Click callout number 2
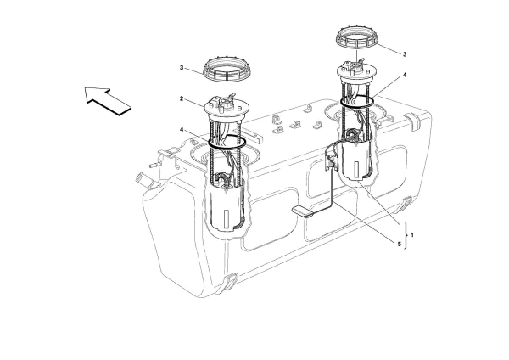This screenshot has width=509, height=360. point(182,100)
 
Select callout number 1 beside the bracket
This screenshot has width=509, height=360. point(413,233)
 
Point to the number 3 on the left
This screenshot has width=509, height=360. point(182,68)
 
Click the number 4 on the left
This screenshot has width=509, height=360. point(182,129)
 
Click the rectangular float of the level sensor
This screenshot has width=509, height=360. point(302,212)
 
